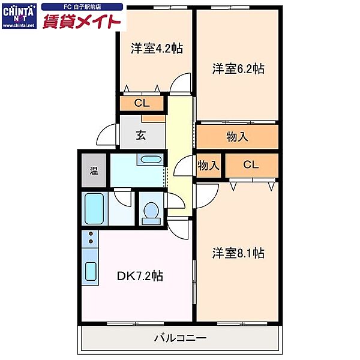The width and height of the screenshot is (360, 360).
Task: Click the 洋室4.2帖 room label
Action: click(157, 48)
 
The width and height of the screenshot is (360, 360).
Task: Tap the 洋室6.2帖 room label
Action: click(238, 68)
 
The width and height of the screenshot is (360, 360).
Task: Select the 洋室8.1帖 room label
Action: click(238, 253)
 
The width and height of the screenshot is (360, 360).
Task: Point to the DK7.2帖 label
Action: click(140, 276)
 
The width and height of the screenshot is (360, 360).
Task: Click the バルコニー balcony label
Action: click(180, 338)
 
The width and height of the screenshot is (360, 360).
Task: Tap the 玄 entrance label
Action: click(141, 135)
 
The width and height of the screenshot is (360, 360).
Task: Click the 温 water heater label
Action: click(94, 170)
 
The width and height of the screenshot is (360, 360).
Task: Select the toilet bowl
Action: click(151, 213)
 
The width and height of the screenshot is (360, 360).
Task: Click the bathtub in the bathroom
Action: click(94, 208)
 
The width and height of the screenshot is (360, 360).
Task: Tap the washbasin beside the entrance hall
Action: click(151, 160)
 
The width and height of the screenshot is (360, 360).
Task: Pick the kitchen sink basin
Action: click(91, 271)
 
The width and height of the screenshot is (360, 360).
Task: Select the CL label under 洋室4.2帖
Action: click(142, 103)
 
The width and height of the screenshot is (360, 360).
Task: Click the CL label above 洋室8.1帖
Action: click(251, 164)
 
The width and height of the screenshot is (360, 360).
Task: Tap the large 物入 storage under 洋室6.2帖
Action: click(237, 137)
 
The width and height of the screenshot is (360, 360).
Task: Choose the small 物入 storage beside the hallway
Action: click(208, 166)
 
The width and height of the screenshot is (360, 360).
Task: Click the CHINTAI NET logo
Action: click(19, 16)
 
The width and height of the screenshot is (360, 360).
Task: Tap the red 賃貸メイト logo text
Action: click(82, 21)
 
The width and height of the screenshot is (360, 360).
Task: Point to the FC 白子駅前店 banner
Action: click(82, 7)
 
